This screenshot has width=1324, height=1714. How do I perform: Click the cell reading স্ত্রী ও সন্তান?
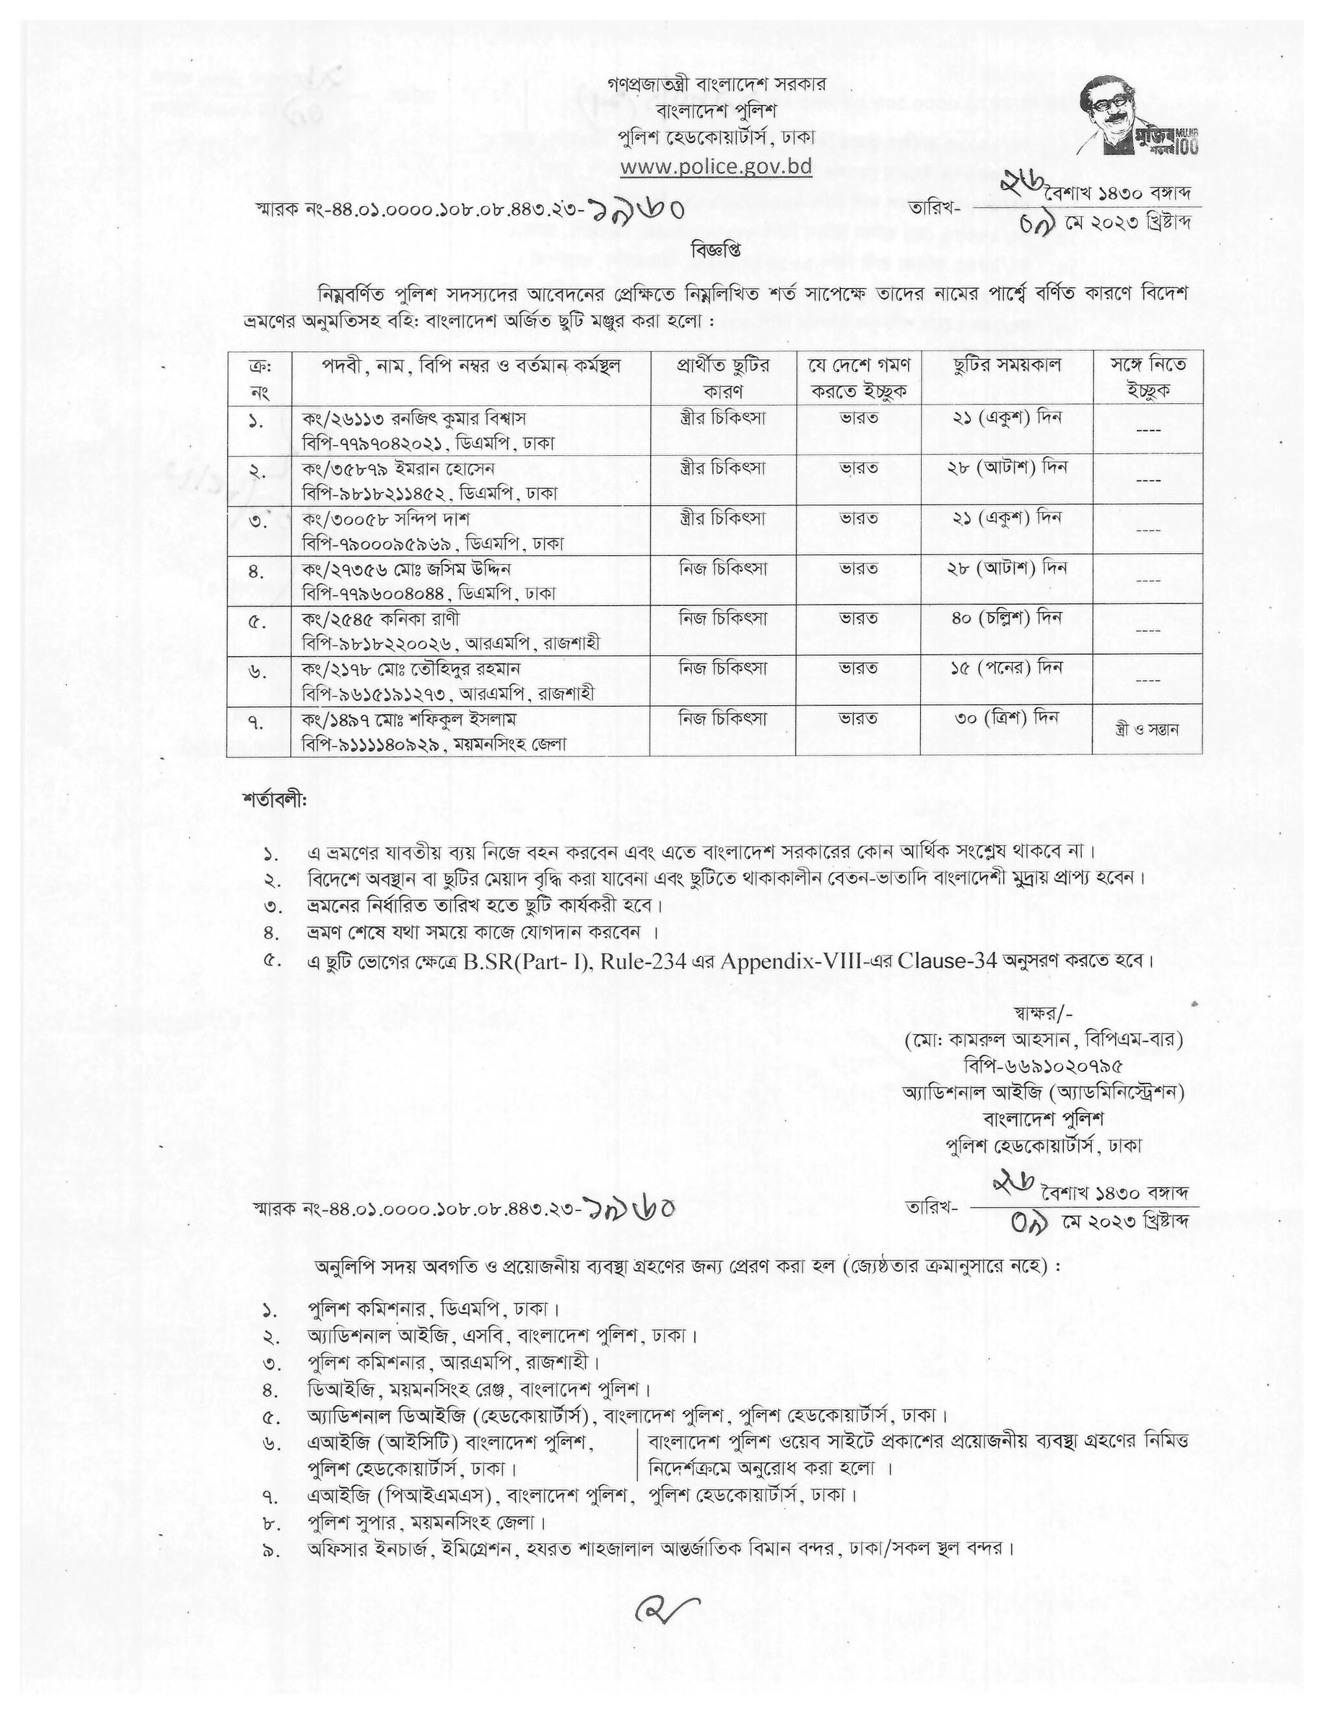1147,729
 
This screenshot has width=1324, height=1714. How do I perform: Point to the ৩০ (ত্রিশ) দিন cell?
1007,718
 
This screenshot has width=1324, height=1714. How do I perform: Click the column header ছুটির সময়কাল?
1007,366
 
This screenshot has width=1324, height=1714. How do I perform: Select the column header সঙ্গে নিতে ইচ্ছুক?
1147,377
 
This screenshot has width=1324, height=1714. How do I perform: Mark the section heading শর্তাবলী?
275,801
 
